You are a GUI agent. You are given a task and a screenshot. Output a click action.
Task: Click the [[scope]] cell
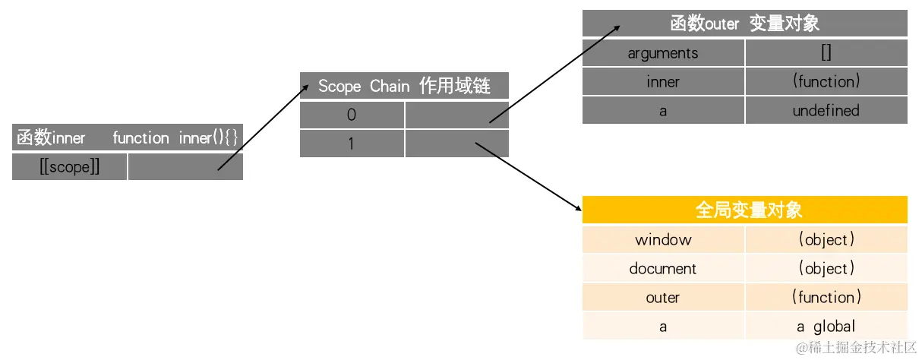click(69, 167)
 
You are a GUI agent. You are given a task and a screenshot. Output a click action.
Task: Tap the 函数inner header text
click(51, 138)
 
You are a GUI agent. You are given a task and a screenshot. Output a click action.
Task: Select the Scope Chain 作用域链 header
click(404, 86)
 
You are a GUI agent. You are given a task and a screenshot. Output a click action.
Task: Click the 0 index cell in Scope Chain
click(352, 115)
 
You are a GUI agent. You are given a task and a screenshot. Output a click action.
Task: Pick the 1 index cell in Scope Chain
click(352, 144)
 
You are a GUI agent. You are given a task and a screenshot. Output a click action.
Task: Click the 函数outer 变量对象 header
click(744, 24)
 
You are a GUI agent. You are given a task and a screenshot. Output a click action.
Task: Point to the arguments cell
click(663, 53)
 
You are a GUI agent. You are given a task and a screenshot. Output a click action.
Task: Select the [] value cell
click(826, 53)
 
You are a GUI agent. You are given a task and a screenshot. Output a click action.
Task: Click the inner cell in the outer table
click(663, 82)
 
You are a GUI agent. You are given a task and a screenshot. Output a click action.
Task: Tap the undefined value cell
click(826, 111)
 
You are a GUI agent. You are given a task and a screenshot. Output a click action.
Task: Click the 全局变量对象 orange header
click(744, 210)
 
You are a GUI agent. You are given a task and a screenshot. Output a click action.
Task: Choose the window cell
click(663, 240)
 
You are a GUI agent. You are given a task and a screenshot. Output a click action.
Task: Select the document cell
click(663, 269)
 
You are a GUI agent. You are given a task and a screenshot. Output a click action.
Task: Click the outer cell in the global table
click(663, 298)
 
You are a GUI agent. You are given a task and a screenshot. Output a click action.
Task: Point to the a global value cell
click(826, 327)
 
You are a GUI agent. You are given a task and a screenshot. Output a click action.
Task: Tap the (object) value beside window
click(826, 240)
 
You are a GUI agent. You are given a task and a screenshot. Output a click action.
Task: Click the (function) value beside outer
click(826, 298)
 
